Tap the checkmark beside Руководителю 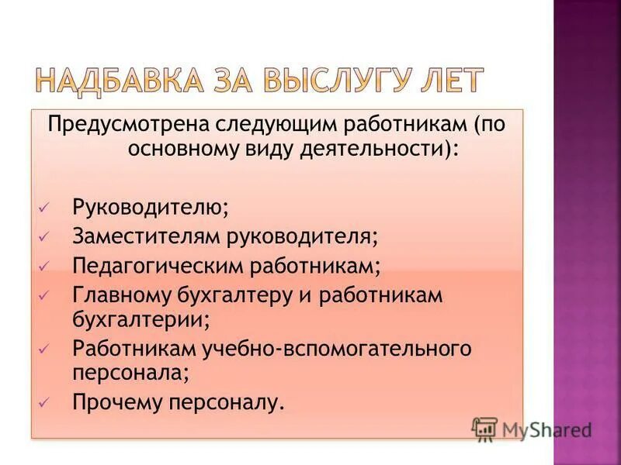43,207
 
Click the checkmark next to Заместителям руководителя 43,236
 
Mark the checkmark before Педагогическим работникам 43,266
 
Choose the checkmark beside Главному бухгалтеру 43,295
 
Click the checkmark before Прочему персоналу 43,401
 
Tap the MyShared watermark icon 484,429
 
